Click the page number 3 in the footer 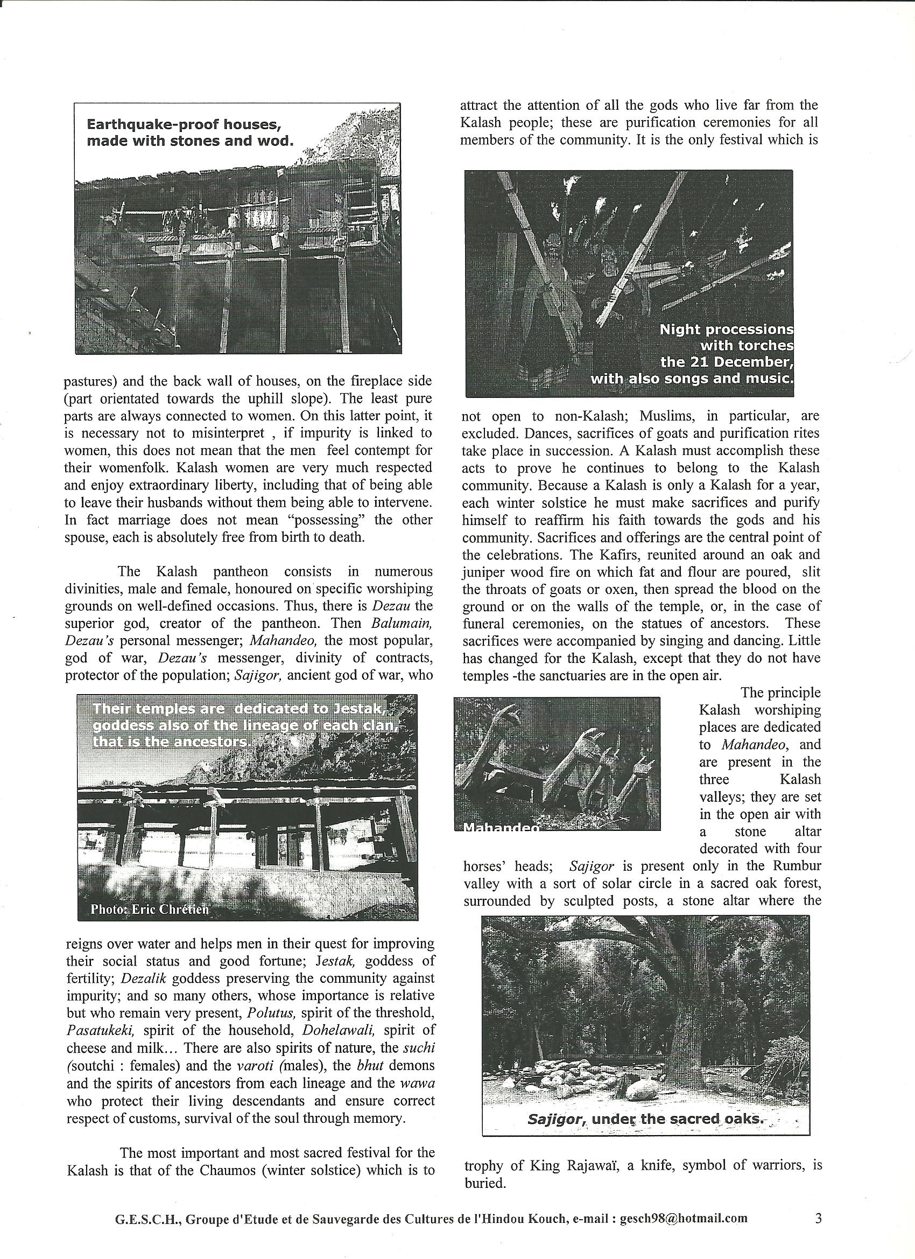tap(819, 1229)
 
